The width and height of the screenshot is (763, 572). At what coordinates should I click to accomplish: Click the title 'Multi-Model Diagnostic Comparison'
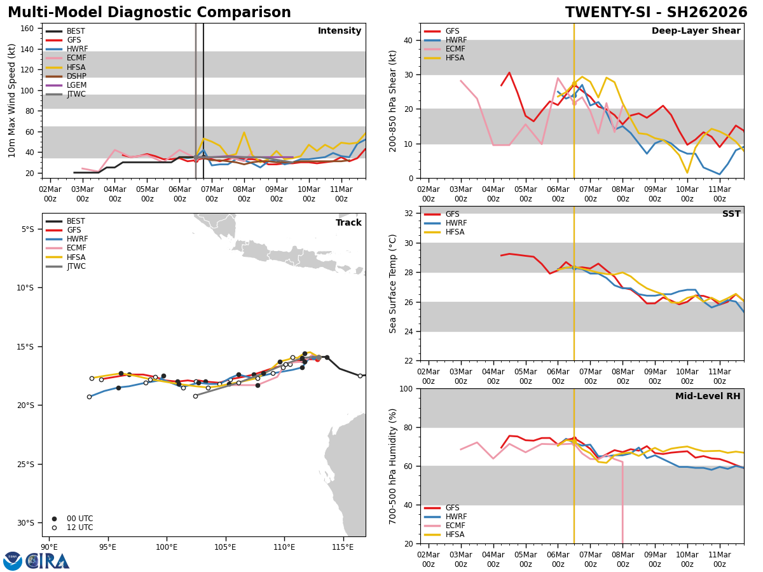[x=149, y=13]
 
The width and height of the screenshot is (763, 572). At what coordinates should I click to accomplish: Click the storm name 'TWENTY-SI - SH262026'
[x=656, y=13]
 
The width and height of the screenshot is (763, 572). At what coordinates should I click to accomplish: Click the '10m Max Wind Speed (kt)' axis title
[x=12, y=100]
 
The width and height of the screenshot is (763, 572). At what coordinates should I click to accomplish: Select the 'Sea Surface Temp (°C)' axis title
[x=393, y=283]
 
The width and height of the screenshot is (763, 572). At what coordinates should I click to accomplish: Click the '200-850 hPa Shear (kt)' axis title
[x=393, y=100]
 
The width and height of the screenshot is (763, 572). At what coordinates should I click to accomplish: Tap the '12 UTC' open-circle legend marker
[x=55, y=528]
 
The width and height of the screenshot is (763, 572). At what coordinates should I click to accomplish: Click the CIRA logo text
[x=47, y=561]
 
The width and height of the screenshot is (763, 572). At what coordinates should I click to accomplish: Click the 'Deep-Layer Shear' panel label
[x=696, y=31]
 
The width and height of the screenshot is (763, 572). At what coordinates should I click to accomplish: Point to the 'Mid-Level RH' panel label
[x=707, y=397]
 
